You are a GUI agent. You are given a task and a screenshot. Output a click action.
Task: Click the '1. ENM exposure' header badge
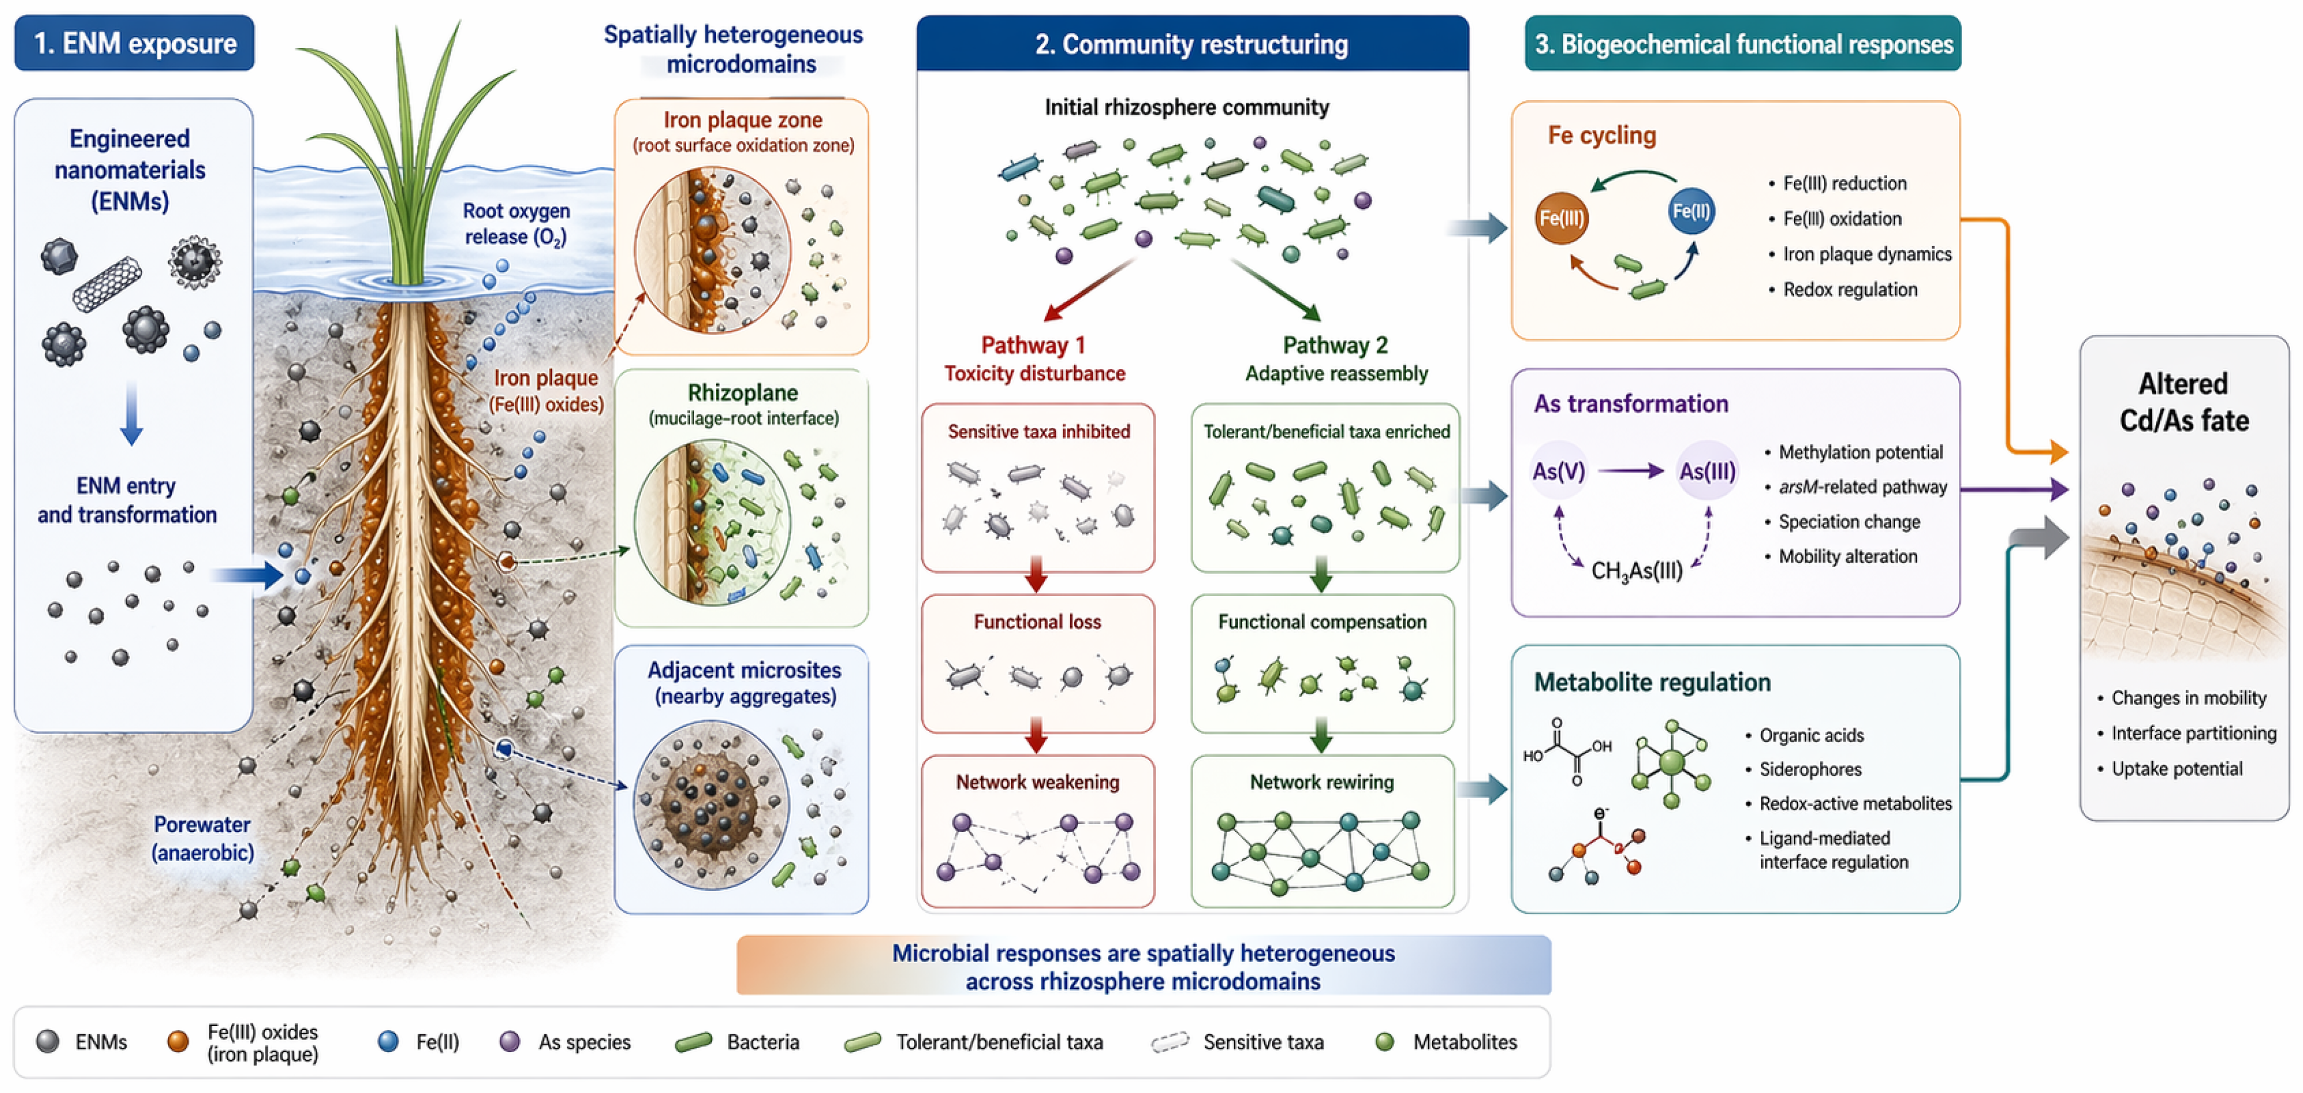pyautogui.click(x=134, y=43)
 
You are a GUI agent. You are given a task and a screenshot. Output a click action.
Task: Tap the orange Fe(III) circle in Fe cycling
pyautogui.click(x=1561, y=218)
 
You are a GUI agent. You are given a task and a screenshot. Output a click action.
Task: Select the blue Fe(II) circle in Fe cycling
pyautogui.click(x=1692, y=211)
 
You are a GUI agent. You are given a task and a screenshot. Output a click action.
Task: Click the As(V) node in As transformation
pyautogui.click(x=1558, y=471)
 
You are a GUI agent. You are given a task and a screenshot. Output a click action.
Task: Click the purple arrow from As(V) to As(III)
pyautogui.click(x=1631, y=471)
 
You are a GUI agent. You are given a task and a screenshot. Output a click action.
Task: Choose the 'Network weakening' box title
pyautogui.click(x=1037, y=782)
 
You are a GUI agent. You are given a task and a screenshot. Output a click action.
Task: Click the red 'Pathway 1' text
pyautogui.click(x=1033, y=345)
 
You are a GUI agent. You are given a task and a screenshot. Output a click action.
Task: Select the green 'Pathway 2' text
pyautogui.click(x=1335, y=345)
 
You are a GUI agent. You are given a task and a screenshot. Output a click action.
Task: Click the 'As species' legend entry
pyautogui.click(x=565, y=1042)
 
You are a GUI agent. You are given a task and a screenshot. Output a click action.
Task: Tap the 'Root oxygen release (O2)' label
pyautogui.click(x=516, y=223)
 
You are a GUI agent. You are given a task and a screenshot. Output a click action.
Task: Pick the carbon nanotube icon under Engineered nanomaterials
pyautogui.click(x=106, y=284)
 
